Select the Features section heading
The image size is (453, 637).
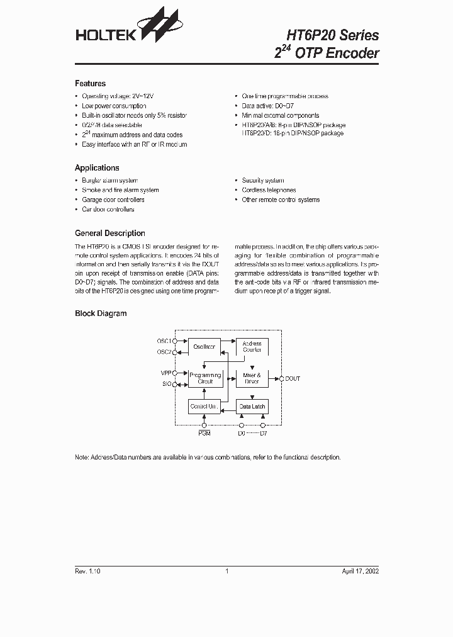tap(90, 84)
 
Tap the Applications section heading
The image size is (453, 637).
tap(97, 168)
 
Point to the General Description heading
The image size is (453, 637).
tap(109, 233)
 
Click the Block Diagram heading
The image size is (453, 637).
tap(101, 313)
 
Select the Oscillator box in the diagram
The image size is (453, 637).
tap(204, 347)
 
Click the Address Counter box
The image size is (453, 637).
tap(252, 347)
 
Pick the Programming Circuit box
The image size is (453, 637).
tap(205, 378)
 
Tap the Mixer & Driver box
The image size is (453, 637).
tap(252, 378)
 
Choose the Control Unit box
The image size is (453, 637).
tap(204, 407)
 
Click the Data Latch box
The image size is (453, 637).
tap(252, 407)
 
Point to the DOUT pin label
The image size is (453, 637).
tap(293, 378)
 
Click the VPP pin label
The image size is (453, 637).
tap(166, 373)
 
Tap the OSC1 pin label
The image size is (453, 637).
tap(164, 341)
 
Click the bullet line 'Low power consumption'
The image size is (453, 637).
tap(114, 106)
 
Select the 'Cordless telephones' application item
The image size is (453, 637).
tap(269, 190)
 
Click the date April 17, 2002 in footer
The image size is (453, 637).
tap(360, 572)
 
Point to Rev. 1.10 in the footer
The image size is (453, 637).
tap(87, 572)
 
